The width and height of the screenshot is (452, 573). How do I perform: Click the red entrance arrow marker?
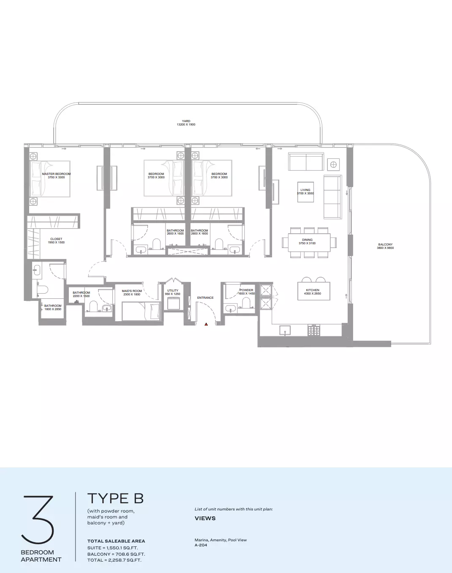click(206, 324)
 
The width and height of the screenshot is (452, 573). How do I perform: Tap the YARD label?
click(186, 121)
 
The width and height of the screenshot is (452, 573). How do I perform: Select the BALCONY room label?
click(385, 244)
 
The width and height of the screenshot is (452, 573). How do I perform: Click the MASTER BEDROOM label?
click(57, 174)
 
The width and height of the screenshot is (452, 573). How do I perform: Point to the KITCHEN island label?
click(313, 290)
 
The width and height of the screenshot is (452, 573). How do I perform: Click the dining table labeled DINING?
click(309, 243)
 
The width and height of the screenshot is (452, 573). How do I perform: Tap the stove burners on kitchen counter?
click(314, 330)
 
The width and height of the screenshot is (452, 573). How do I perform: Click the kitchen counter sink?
click(285, 330)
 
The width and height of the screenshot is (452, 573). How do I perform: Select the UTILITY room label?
click(173, 290)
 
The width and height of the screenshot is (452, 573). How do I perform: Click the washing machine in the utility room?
click(174, 303)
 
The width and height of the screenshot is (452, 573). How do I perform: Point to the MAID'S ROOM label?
click(132, 291)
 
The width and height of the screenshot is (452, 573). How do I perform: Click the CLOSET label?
click(56, 239)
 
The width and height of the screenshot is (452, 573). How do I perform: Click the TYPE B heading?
click(115, 499)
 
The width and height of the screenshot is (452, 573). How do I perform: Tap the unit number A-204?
click(201, 545)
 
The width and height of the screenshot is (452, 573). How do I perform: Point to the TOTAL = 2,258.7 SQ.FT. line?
click(114, 560)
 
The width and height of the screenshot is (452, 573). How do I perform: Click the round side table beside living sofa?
click(334, 165)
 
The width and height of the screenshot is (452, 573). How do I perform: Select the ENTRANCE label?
click(205, 297)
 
